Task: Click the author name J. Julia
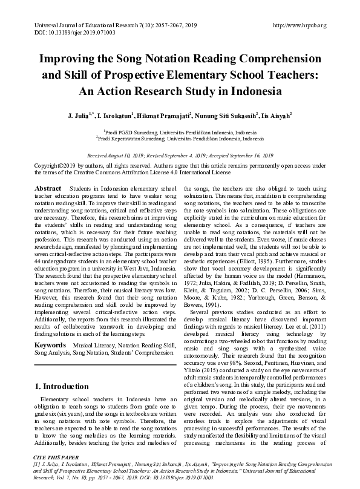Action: point(86,114)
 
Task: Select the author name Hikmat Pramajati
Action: point(171,114)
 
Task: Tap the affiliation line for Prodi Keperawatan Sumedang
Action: point(180,137)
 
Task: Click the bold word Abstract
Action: point(48,189)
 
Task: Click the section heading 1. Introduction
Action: point(62,387)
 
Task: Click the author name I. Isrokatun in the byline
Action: point(124,114)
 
